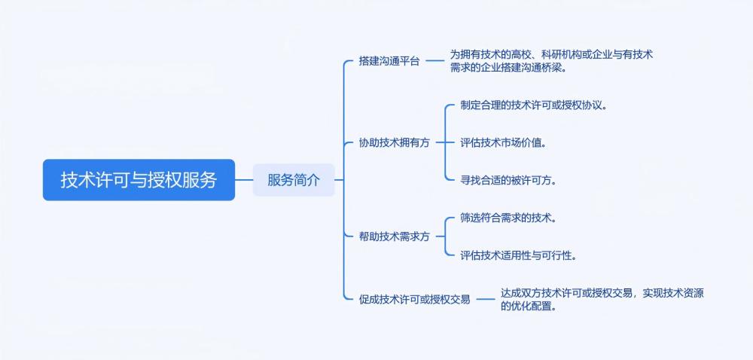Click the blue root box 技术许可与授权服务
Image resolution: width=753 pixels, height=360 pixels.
coord(139,180)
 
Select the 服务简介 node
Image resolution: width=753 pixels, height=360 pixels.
coord(294,180)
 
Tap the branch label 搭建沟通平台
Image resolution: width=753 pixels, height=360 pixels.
coord(389,62)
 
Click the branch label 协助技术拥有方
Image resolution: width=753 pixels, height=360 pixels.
coord(395,142)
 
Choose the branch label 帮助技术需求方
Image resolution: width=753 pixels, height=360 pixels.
coord(395,236)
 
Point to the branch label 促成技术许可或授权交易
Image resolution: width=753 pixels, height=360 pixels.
coord(415,300)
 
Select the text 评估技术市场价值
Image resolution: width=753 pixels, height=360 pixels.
coord(503,142)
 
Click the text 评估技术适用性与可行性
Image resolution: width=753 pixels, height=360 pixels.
coord(518,255)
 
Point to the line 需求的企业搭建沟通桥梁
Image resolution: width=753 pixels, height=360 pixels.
coord(508,68)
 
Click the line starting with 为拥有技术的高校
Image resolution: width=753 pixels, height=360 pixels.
coord(551,55)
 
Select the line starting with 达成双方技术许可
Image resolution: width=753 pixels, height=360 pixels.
coord(602,293)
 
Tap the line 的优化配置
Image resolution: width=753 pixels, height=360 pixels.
coord(529,306)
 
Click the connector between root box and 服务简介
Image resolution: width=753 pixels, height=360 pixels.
coord(244,180)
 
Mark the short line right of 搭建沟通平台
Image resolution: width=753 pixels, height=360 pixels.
coord(435,62)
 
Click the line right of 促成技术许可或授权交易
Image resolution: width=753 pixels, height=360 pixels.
coord(486,300)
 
